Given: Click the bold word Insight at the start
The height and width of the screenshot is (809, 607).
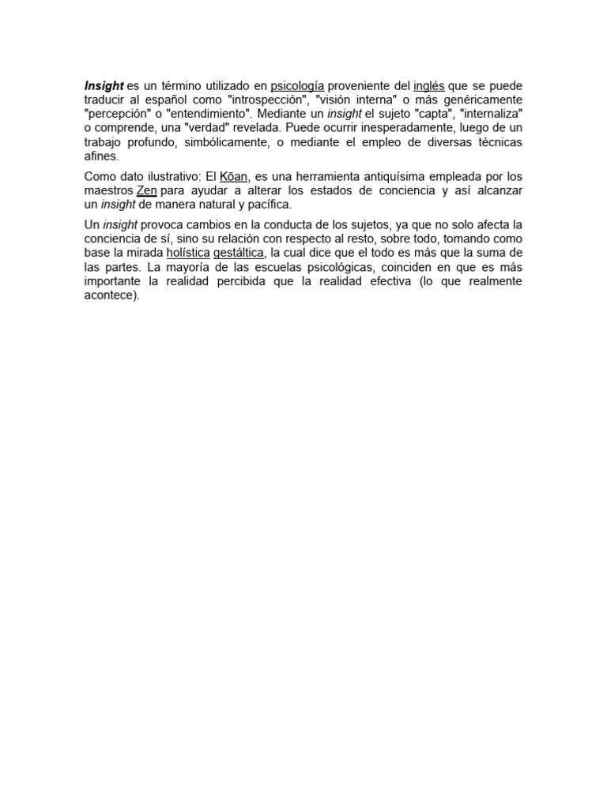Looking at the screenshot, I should click(x=104, y=85).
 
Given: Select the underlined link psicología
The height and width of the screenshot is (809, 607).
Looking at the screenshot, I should click(x=297, y=85).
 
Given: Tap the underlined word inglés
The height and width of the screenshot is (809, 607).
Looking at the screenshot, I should click(x=428, y=85).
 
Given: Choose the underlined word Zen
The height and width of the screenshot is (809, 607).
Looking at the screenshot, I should click(x=146, y=191).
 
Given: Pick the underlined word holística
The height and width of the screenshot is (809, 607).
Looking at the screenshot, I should click(x=187, y=253).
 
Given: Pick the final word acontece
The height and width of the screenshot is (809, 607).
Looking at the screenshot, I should click(x=111, y=296).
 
